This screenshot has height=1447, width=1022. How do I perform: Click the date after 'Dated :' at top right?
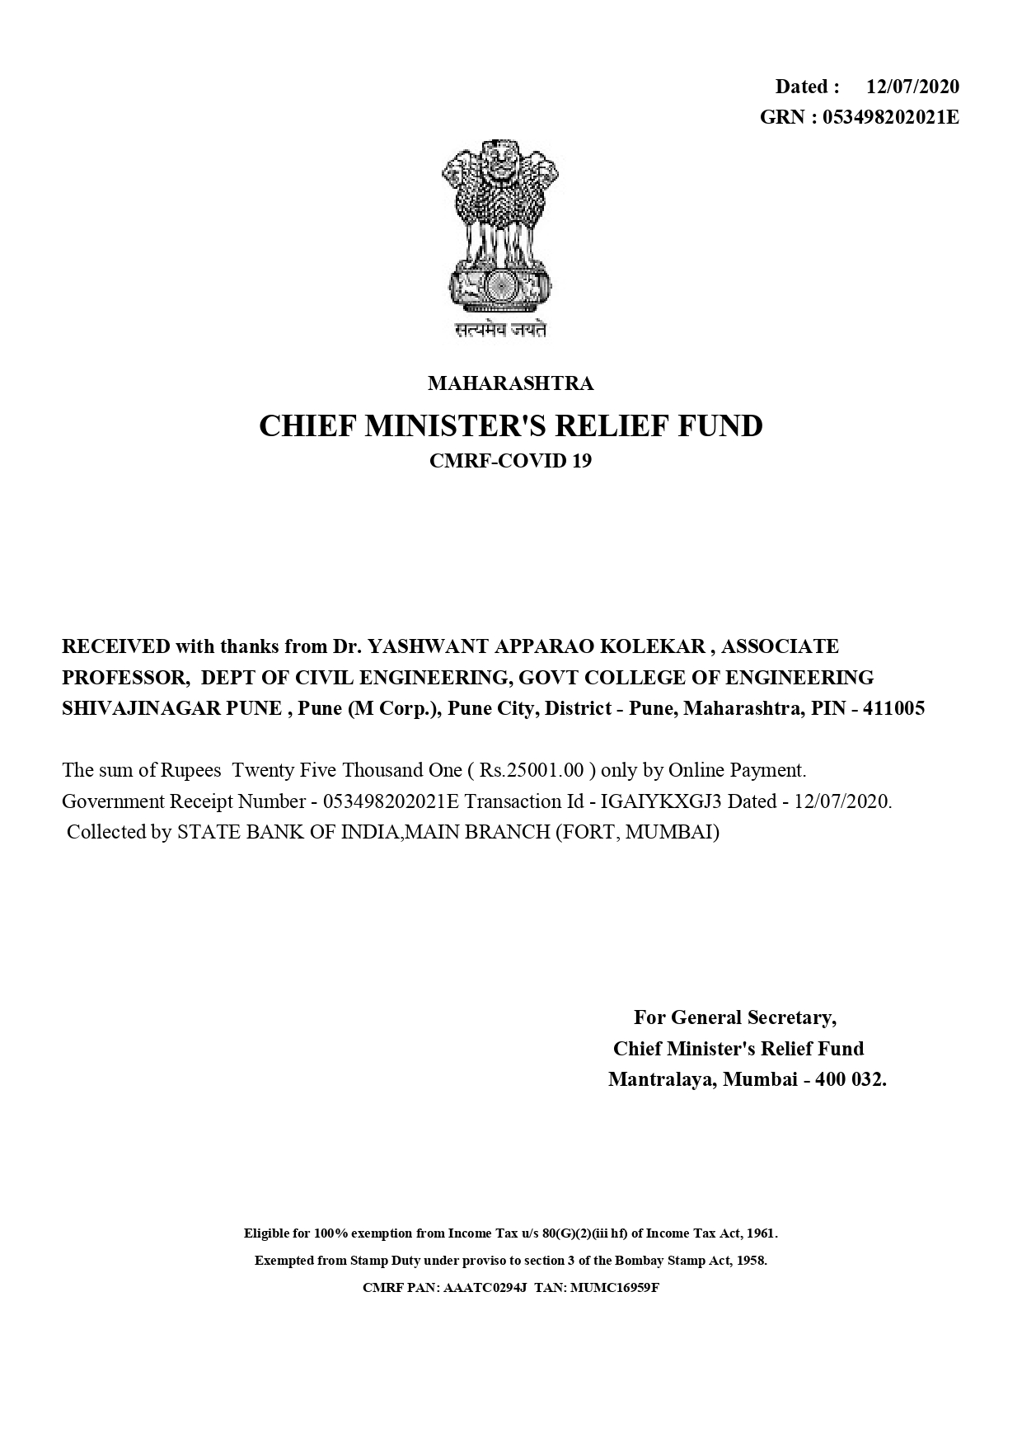tap(912, 87)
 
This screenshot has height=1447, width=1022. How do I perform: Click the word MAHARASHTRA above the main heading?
tap(510, 383)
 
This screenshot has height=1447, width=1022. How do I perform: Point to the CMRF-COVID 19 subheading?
tap(510, 461)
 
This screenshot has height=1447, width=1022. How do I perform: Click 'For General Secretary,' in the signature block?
tap(734, 1017)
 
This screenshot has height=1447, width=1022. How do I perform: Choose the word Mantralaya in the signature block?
tap(660, 1079)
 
